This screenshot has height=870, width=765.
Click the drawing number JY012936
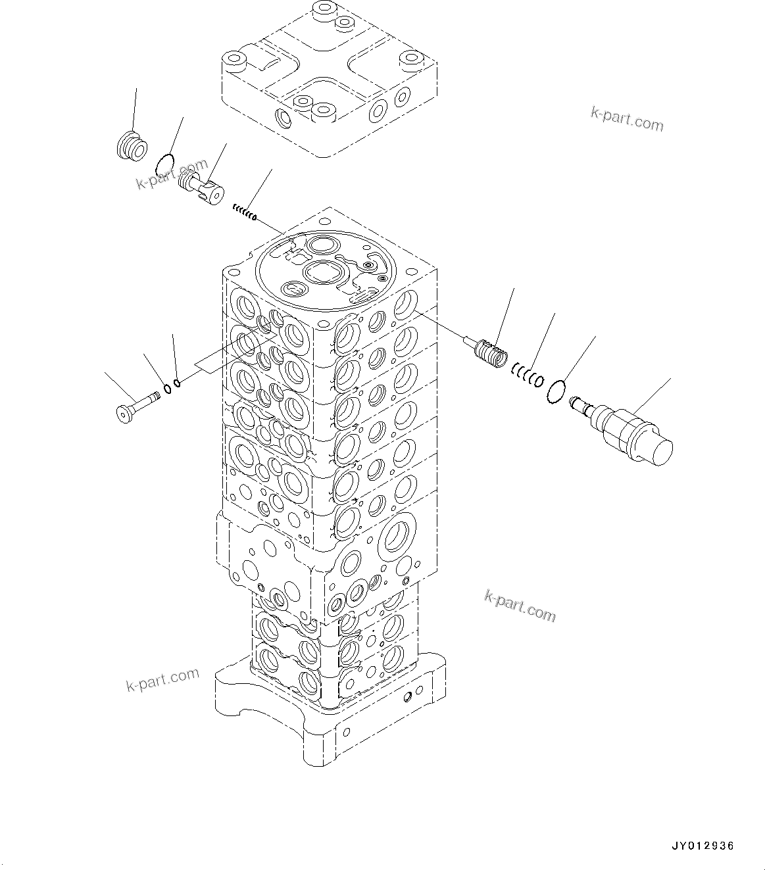(702, 846)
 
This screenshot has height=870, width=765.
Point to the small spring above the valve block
(243, 213)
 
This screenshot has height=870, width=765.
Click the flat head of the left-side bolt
(123, 414)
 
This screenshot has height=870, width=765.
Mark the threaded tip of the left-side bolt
(155, 396)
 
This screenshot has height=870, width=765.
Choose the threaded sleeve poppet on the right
(491, 355)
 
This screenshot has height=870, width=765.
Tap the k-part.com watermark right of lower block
(520, 605)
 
